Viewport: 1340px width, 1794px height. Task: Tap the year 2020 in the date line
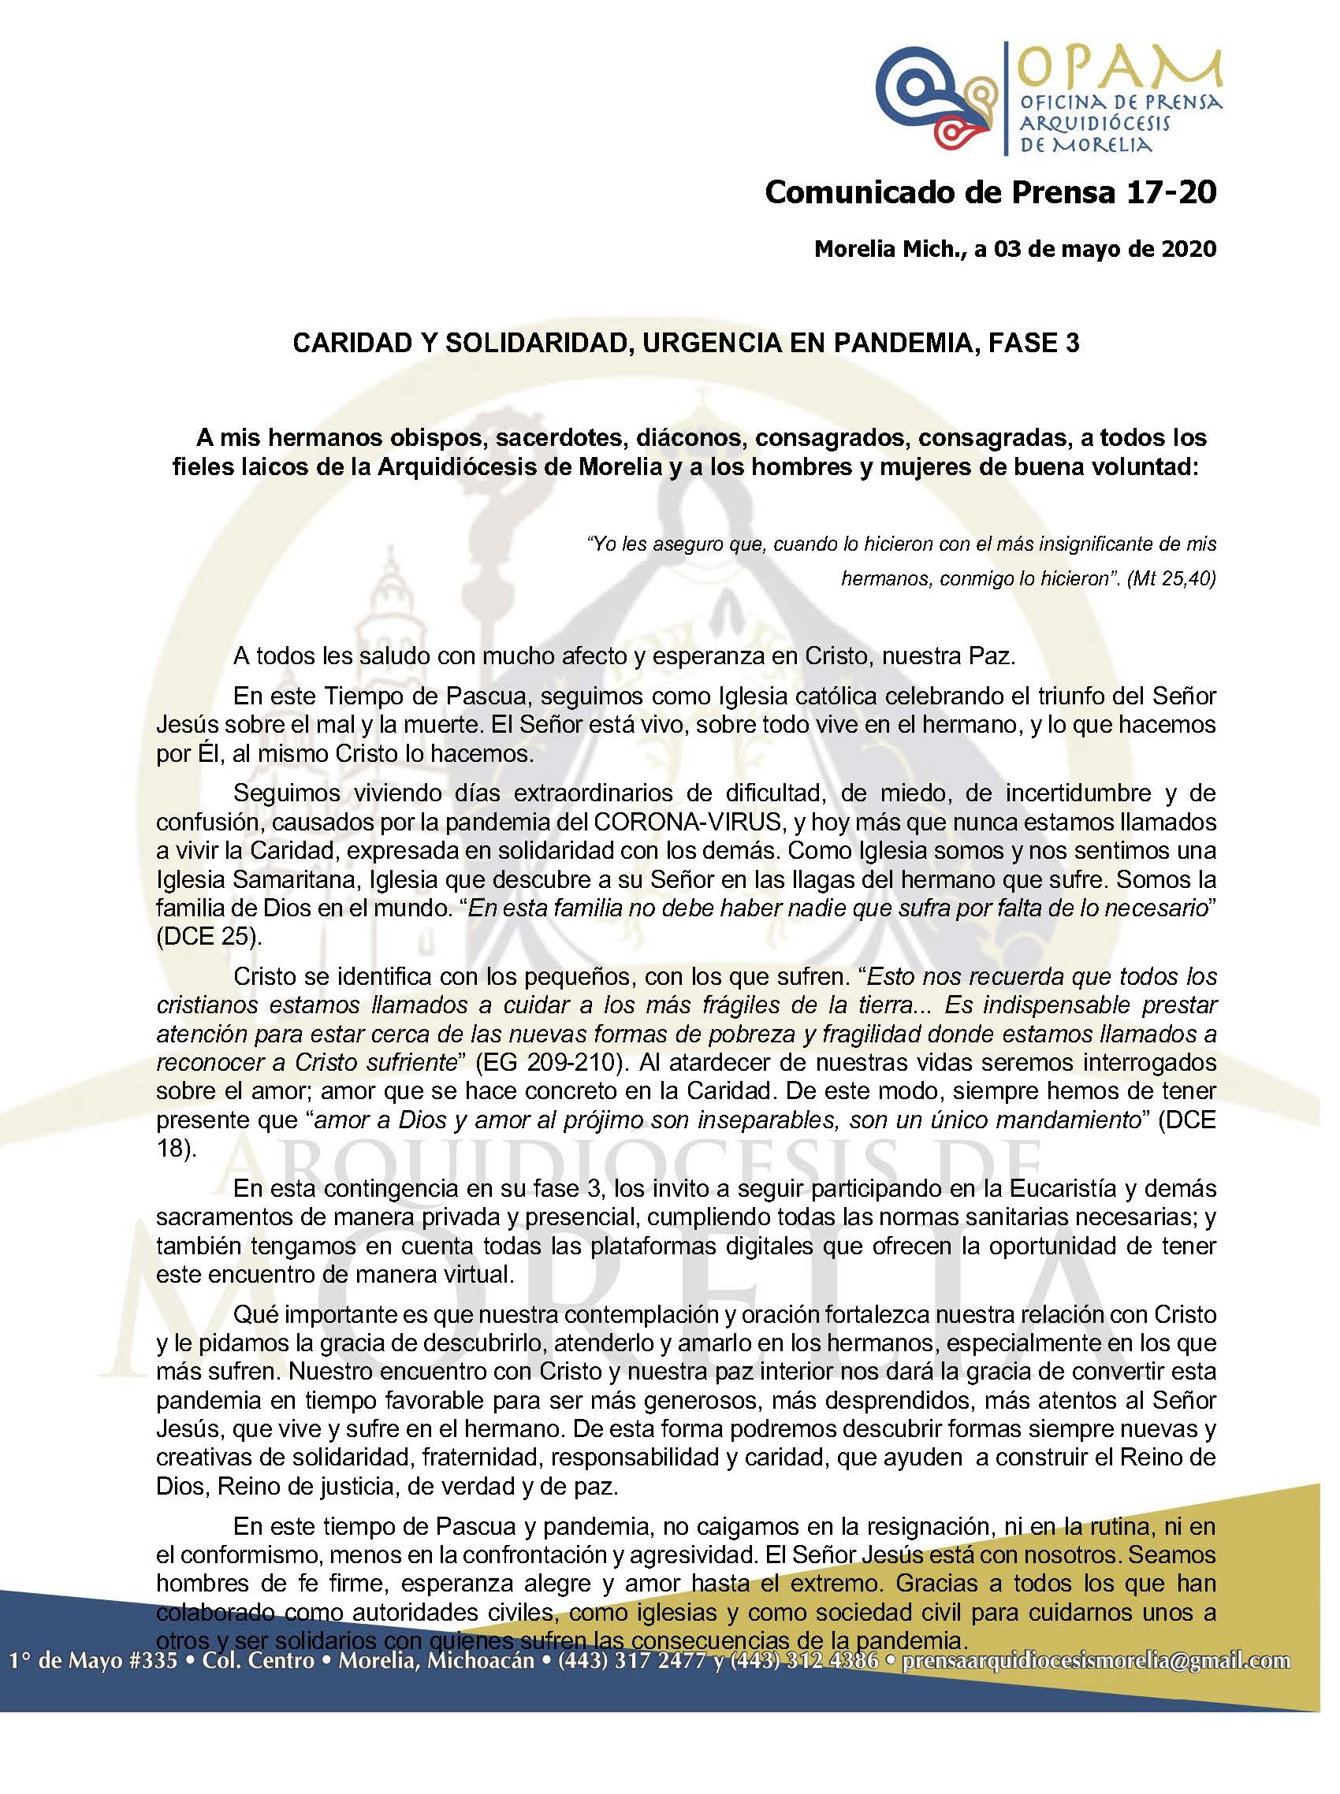1189,249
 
